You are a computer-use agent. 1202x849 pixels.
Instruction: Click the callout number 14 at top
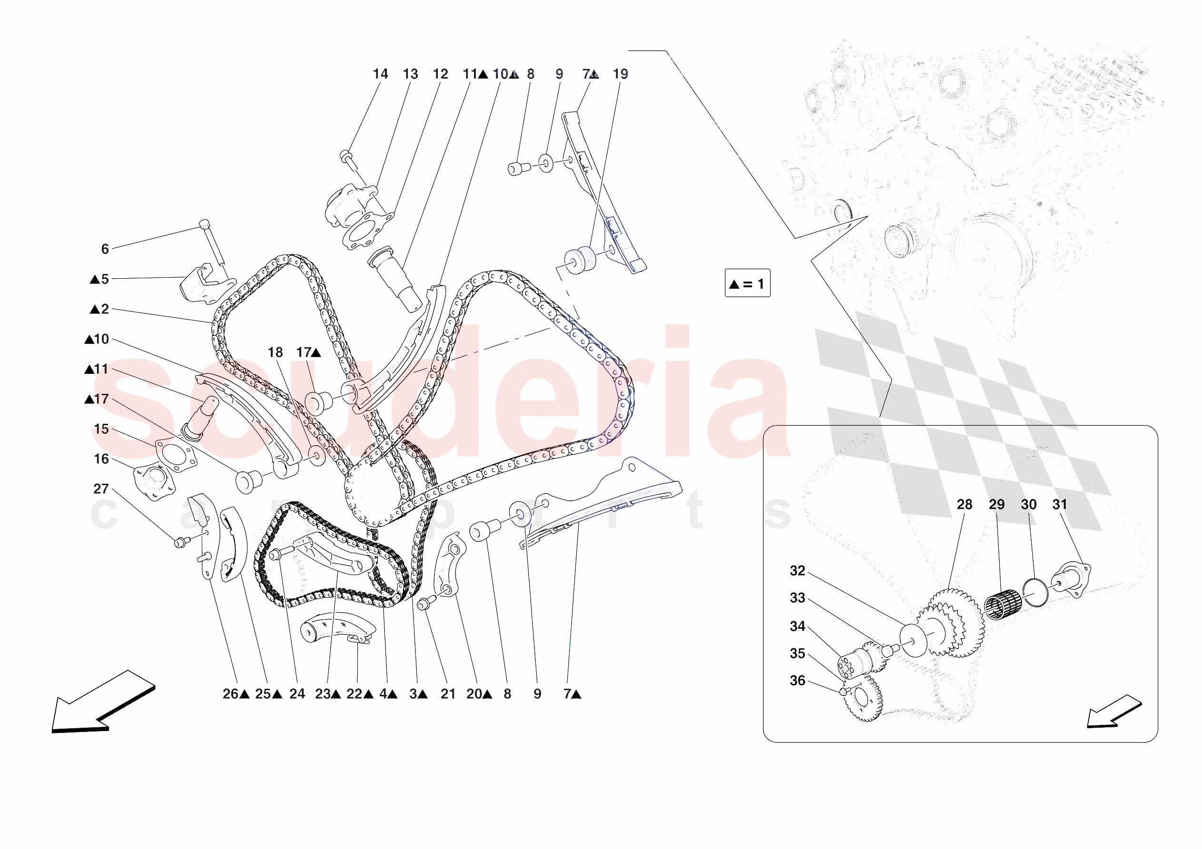click(x=380, y=74)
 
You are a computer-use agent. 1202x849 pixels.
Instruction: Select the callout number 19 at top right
click(x=620, y=74)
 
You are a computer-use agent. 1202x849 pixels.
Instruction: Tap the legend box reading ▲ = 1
click(x=747, y=283)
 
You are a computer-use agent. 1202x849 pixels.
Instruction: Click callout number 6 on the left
click(x=105, y=249)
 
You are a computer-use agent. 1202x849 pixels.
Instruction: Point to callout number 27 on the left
click(x=100, y=488)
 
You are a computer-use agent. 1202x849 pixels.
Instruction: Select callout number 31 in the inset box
click(x=1059, y=504)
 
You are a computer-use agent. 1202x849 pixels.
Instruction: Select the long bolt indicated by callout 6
click(x=214, y=244)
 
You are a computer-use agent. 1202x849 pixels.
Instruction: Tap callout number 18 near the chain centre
click(x=275, y=352)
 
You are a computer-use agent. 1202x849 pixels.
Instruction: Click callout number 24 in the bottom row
click(x=297, y=693)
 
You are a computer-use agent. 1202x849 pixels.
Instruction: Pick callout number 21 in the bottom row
click(x=448, y=693)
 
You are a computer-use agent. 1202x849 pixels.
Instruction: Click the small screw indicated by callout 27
click(x=180, y=543)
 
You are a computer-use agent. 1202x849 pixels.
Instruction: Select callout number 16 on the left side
click(x=100, y=459)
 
